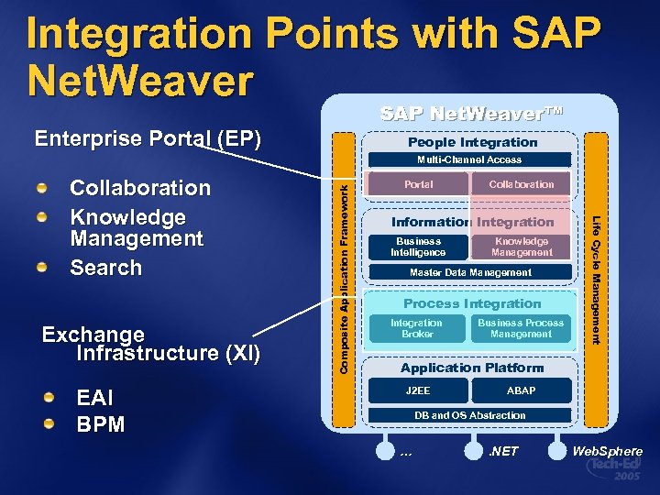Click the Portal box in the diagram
click(418, 184)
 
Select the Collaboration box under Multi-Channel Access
click(521, 184)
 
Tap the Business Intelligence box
click(418, 247)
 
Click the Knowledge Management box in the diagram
click(522, 247)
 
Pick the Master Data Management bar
click(470, 273)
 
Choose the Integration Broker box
click(416, 328)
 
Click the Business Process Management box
click(521, 328)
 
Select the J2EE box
click(418, 390)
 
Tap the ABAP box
click(521, 390)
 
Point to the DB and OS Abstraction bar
click(470, 415)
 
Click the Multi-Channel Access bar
click(470, 159)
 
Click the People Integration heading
click(472, 142)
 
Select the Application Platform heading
click(472, 368)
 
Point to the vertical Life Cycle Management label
click(595, 280)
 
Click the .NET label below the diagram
click(503, 451)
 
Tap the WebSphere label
click(608, 451)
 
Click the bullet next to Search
click(41, 269)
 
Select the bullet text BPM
click(101, 425)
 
